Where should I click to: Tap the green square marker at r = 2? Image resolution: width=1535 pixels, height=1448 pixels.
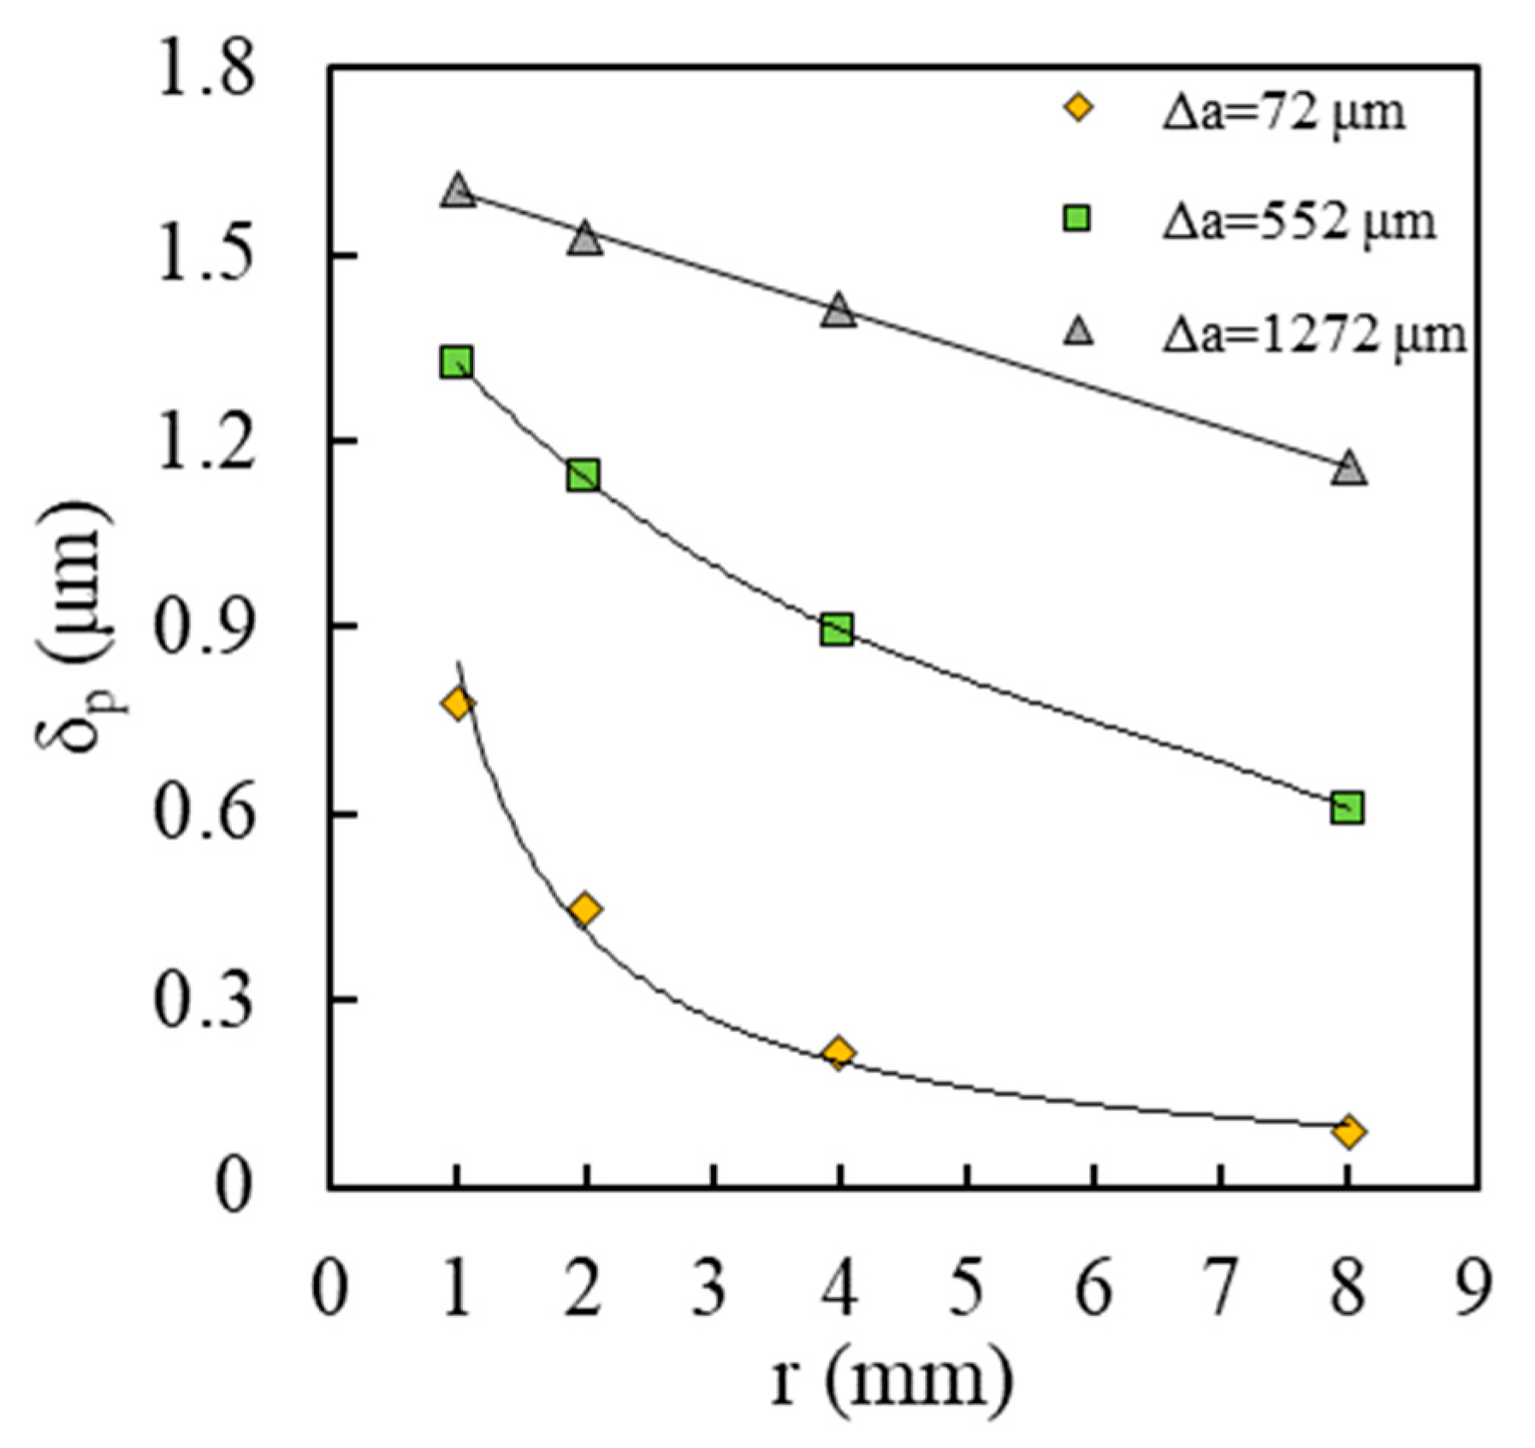point(584,475)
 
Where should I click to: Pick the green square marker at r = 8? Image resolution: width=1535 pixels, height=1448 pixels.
point(1347,807)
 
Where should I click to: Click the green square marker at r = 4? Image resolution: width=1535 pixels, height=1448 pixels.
point(837,630)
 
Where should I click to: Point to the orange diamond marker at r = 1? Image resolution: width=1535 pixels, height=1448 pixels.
point(458,704)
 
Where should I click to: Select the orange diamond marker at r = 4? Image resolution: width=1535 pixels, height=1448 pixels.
point(839,1052)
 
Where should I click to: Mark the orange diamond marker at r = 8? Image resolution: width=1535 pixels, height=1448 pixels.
point(1348,1131)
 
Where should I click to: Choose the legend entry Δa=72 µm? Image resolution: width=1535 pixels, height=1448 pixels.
point(1282,112)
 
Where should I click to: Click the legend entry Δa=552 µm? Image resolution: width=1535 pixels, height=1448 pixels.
point(1297,222)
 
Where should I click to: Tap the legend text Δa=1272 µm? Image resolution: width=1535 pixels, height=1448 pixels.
point(1313,335)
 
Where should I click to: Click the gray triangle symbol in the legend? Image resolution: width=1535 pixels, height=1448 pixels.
point(1079,331)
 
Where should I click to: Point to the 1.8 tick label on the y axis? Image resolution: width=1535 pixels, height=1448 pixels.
point(204,69)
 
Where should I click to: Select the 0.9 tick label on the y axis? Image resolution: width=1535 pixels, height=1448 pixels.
point(204,627)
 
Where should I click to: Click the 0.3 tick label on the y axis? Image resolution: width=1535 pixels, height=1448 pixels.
point(204,1000)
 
